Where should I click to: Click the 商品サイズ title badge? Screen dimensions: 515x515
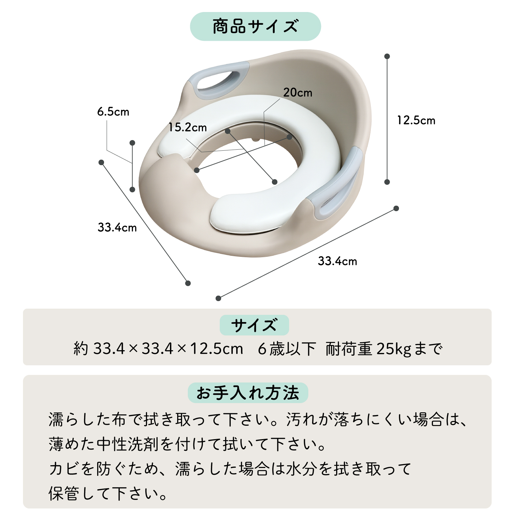(x=255, y=26)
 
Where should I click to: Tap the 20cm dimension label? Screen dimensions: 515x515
(x=298, y=92)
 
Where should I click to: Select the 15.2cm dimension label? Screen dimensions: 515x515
(x=187, y=127)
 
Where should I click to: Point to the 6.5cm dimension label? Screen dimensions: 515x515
(x=113, y=112)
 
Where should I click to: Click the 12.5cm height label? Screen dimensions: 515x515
(x=416, y=120)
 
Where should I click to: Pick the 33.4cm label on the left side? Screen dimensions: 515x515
(x=117, y=227)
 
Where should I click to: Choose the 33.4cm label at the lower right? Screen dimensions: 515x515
(x=337, y=261)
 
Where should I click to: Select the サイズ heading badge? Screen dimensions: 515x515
(x=254, y=325)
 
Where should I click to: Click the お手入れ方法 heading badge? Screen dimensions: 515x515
(x=248, y=393)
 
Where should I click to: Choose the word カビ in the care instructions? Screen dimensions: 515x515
(x=64, y=469)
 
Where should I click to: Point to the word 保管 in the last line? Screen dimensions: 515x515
(x=64, y=494)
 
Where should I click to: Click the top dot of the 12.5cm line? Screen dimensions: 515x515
(x=387, y=56)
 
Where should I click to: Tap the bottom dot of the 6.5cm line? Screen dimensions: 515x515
(x=132, y=190)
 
